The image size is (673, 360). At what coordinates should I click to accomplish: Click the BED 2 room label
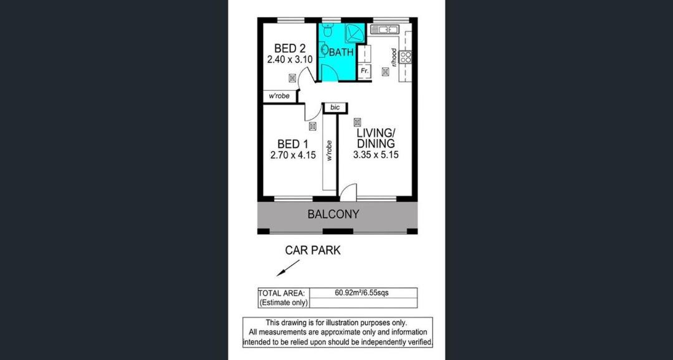290,49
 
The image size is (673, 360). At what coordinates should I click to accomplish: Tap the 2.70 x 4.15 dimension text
293,155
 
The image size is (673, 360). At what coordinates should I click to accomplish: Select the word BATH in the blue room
341,52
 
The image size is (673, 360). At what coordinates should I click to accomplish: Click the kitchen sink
384,29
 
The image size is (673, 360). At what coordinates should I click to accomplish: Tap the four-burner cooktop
406,57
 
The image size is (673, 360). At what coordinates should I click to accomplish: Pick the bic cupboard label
335,107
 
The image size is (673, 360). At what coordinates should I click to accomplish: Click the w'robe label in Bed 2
279,96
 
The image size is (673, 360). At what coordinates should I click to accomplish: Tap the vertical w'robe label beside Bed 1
329,150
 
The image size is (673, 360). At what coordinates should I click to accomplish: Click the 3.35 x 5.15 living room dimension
376,154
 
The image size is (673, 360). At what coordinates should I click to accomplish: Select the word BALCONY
333,214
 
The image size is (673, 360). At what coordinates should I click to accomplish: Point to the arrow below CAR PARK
287,268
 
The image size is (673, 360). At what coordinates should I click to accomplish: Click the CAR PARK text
313,250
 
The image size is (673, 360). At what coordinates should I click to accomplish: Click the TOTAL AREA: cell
282,293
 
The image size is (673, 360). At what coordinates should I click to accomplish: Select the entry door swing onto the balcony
348,191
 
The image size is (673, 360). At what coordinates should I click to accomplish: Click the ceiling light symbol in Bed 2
292,78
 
